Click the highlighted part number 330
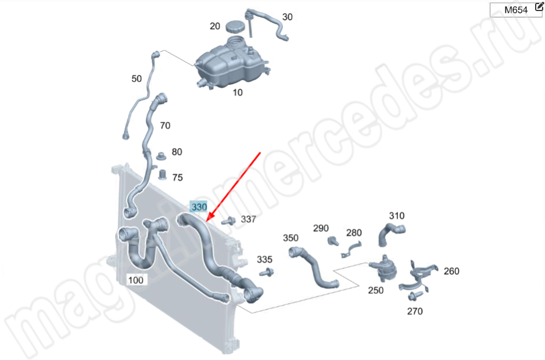point(199,207)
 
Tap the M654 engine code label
point(516,10)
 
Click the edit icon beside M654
point(539,6)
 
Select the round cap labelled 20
point(236,27)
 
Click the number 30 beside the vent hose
point(287,17)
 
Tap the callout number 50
point(137,79)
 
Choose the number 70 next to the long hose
point(165,125)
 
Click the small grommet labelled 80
point(161,156)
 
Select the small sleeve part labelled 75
point(162,175)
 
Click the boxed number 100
point(135,280)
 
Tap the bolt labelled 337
point(228,221)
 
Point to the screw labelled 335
point(267,272)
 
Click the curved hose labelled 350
point(314,268)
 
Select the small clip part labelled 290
point(332,240)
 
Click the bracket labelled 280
point(352,250)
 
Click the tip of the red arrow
point(206,221)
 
